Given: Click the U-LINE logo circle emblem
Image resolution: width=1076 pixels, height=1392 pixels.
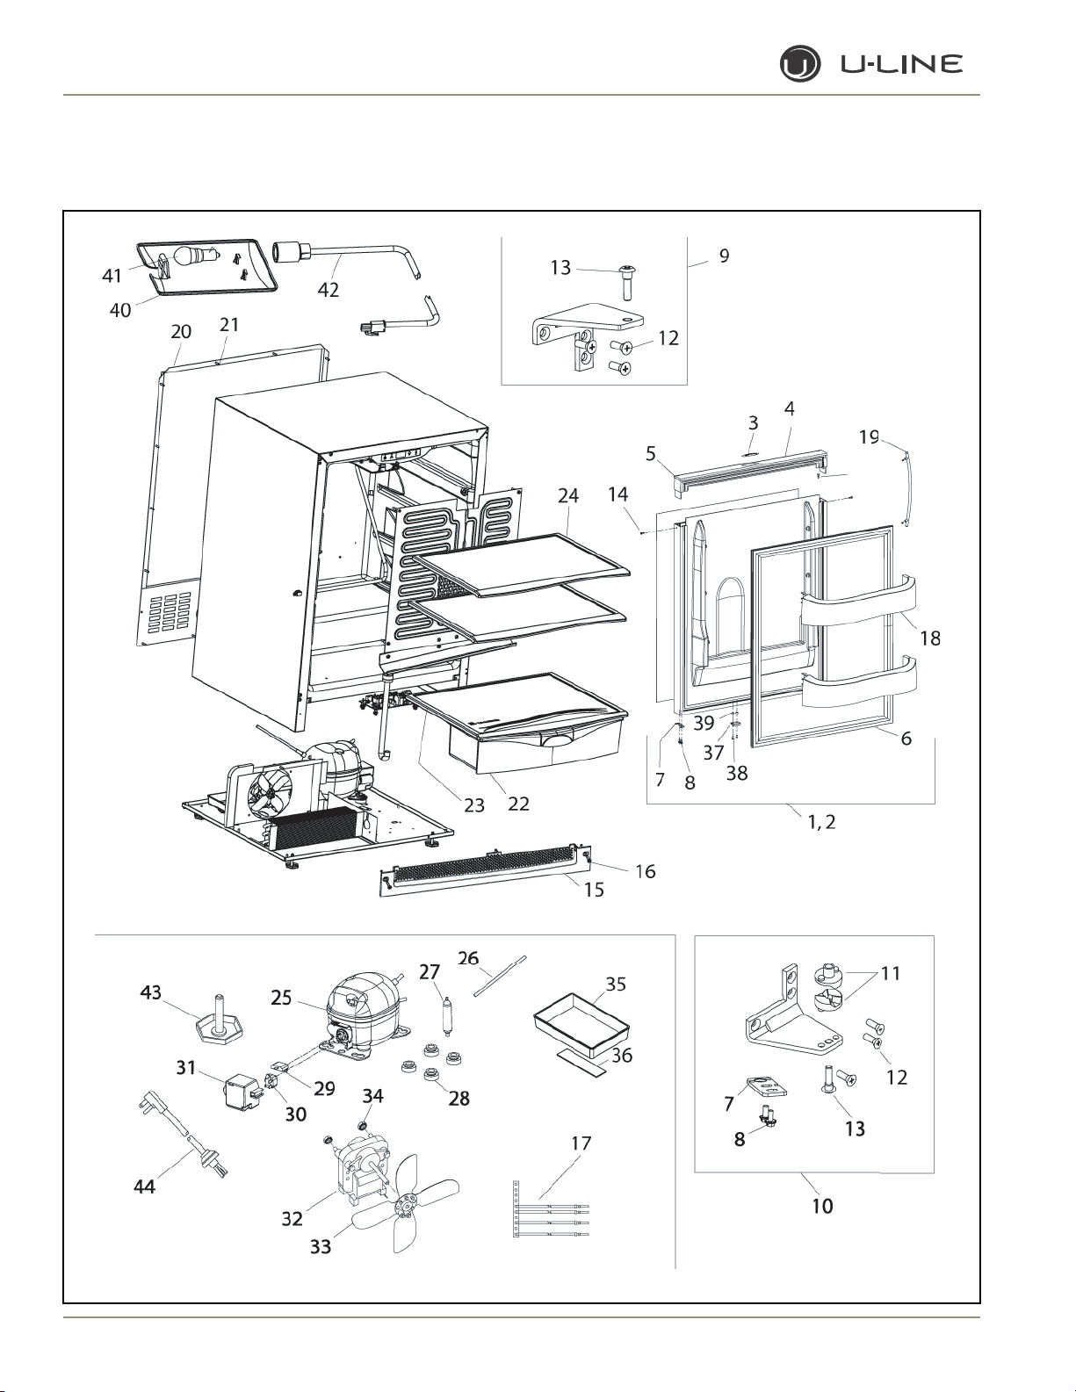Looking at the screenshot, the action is [800, 65].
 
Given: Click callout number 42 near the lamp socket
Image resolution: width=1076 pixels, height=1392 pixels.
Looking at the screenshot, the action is [328, 290].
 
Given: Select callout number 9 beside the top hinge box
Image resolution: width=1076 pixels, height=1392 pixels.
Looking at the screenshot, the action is [725, 256].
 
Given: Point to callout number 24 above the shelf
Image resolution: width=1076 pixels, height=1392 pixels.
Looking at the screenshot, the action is [568, 495].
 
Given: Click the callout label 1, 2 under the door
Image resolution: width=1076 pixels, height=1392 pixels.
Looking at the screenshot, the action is [822, 821].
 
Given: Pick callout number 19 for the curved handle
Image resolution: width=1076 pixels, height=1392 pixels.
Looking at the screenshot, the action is [869, 436].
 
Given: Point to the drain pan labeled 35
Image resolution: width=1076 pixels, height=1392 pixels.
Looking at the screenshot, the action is [581, 1029].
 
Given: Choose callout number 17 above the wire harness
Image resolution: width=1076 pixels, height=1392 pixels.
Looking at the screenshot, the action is [581, 1143].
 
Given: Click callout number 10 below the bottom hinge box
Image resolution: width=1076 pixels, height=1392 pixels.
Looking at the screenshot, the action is [822, 1206].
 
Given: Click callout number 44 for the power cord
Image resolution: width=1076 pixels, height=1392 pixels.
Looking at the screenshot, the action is [144, 1186].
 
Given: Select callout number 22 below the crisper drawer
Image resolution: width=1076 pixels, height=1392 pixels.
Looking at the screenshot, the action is [518, 804].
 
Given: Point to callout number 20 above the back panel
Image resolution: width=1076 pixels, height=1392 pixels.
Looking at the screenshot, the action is [181, 331].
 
